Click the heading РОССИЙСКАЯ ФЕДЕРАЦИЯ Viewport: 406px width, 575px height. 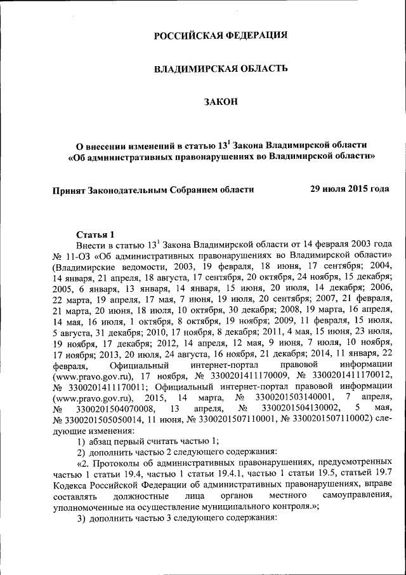221,35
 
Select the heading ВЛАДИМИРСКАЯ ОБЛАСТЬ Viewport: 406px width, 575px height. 221,68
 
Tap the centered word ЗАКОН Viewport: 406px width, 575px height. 221,101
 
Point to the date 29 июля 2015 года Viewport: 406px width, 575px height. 349,189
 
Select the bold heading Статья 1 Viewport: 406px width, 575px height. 95,233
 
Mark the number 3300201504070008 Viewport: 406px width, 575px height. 114,407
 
